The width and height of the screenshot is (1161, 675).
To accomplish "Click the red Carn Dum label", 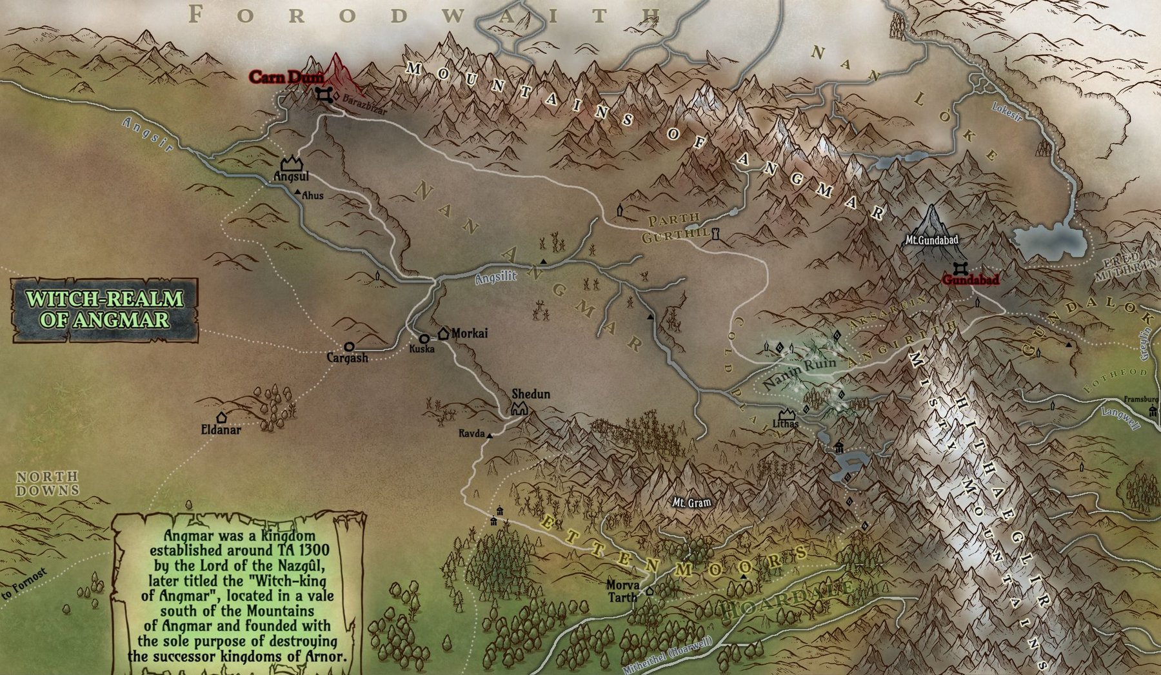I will coord(286,77).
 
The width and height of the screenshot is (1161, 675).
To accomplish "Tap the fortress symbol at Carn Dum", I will coord(324,95).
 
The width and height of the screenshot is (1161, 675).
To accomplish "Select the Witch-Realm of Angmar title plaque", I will coord(105,309).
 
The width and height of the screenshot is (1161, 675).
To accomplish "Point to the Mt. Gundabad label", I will coord(932,240).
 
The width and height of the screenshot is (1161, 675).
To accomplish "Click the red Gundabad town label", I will coord(970,280).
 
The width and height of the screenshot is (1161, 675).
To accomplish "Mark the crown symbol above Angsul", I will coord(292,164).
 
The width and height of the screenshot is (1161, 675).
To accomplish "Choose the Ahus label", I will coord(313,195).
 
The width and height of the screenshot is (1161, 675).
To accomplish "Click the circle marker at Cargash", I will coord(349,347).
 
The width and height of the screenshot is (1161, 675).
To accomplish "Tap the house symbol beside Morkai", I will coord(444,333).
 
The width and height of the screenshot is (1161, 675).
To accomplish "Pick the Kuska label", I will coord(422,349).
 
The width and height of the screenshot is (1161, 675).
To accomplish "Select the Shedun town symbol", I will coord(520,407).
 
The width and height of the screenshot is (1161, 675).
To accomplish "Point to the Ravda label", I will coord(471,433).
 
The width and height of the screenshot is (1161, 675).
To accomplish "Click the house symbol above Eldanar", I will coord(221,417).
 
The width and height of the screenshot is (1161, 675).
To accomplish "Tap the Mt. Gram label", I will coord(691,502).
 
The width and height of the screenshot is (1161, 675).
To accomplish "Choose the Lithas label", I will coord(786,424).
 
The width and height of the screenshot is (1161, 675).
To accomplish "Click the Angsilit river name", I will coord(495,278).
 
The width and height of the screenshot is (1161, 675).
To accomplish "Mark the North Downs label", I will coord(48,484).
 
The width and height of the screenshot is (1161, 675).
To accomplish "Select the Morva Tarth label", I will coord(623,591).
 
